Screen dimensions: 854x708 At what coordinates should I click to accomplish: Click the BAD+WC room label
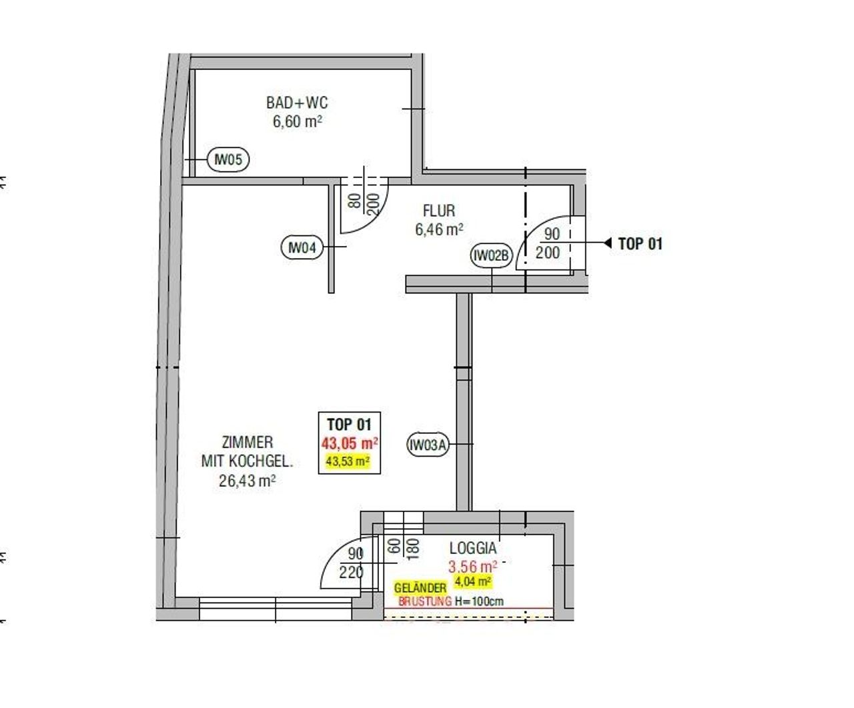pos(297,103)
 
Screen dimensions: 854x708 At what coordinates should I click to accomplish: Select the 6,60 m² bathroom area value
pos(298,121)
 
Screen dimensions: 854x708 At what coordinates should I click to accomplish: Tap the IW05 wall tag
pos(228,159)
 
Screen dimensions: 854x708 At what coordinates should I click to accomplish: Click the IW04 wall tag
pos(302,247)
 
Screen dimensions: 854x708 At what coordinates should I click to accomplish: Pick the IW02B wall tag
pos(491,255)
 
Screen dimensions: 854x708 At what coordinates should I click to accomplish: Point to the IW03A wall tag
pos(428,445)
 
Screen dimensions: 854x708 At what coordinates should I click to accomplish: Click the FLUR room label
pos(439,211)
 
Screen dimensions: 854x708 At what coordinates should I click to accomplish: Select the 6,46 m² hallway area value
pos(439,229)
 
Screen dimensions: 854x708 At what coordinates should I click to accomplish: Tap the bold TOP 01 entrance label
pos(640,243)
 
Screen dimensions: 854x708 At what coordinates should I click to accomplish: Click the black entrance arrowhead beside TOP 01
pos(608,243)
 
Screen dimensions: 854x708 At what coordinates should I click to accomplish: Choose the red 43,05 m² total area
pos(350,443)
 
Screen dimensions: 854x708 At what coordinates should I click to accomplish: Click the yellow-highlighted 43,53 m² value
pos(348,461)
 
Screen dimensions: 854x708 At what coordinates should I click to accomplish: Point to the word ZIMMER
pos(248,442)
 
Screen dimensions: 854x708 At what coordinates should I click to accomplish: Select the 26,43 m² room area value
pos(247,481)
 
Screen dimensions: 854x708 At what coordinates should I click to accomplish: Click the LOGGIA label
pos(473,548)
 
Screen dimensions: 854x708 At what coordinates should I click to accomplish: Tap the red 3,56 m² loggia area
pos(473,567)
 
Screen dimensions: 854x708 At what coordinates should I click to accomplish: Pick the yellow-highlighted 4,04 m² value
pos(473,581)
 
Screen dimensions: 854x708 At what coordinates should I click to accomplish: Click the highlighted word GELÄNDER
pos(420,588)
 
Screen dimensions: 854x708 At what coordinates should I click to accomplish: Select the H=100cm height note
pos(479,601)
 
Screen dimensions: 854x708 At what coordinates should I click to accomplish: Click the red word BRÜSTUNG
pos(425,601)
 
